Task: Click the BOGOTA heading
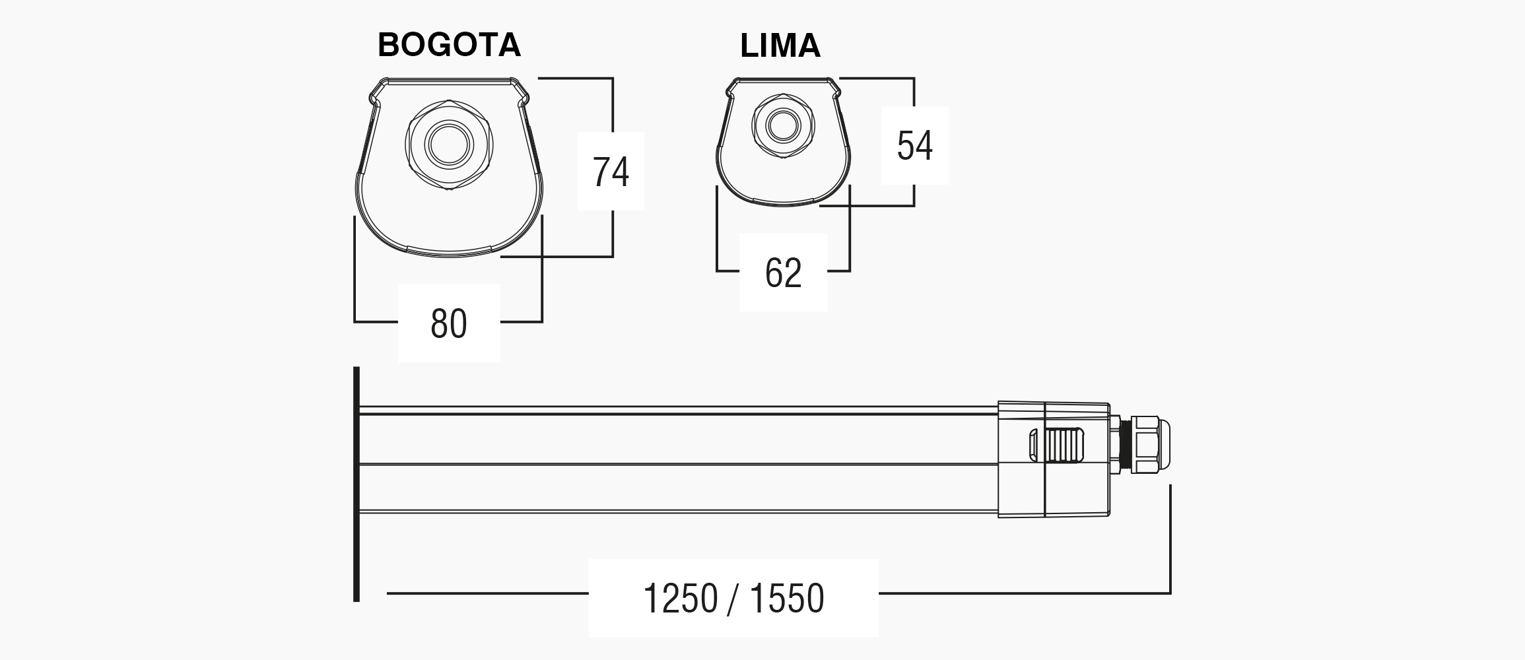pos(449,45)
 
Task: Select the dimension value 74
pos(611,172)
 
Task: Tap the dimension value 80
pos(449,323)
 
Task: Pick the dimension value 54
pos(915,145)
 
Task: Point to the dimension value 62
pos(783,272)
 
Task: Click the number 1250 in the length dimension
pos(680,599)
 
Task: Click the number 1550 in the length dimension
pos(787,599)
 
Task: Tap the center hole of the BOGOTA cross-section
pos(449,144)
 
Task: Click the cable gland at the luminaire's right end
pos(1145,444)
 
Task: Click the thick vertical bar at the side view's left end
pos(356,484)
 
